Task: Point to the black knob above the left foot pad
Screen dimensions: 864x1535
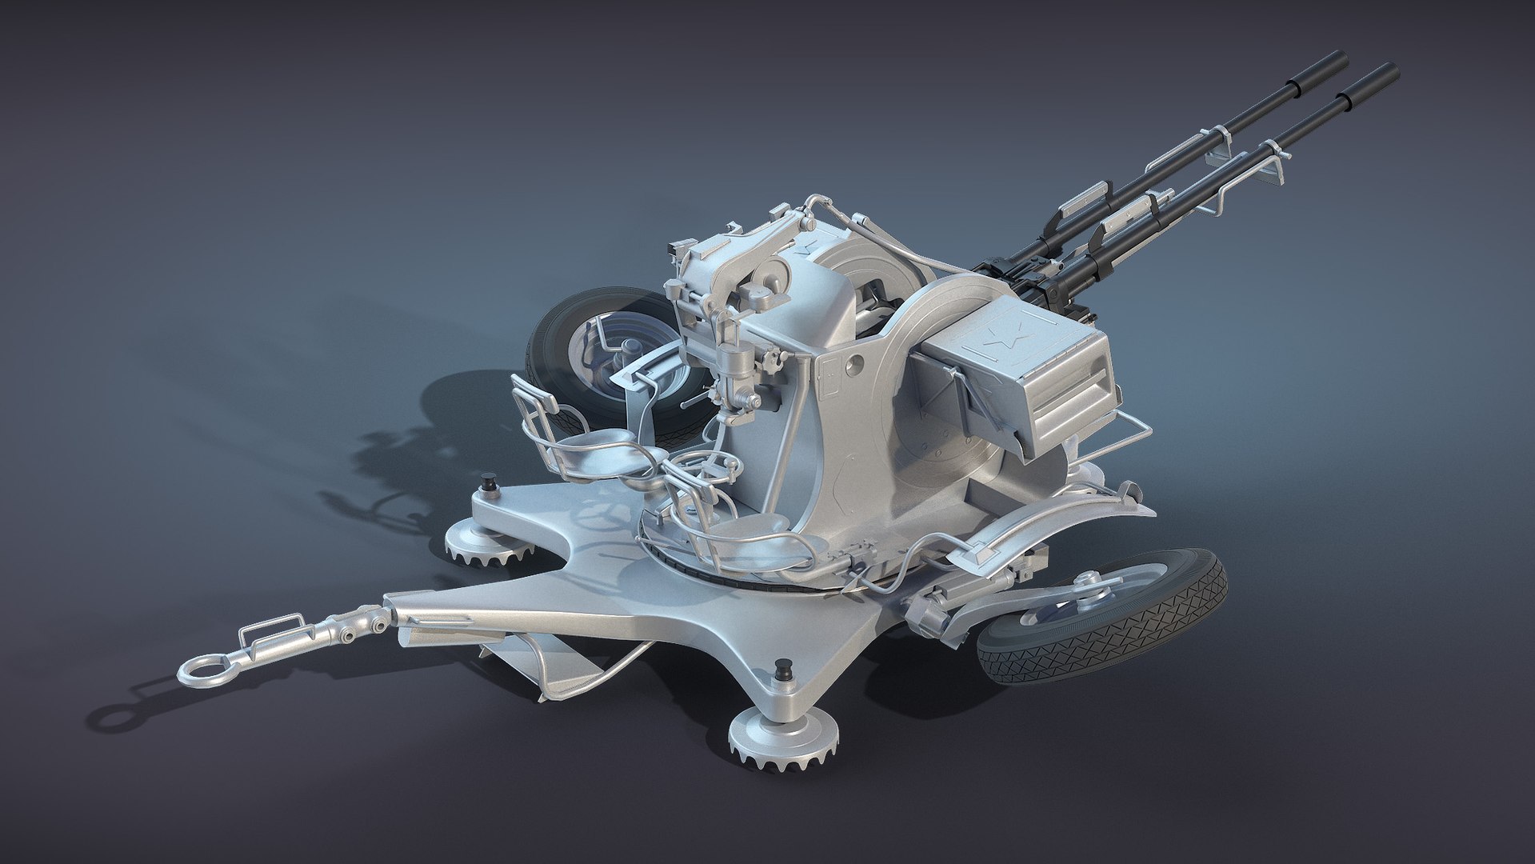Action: click(x=485, y=484)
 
